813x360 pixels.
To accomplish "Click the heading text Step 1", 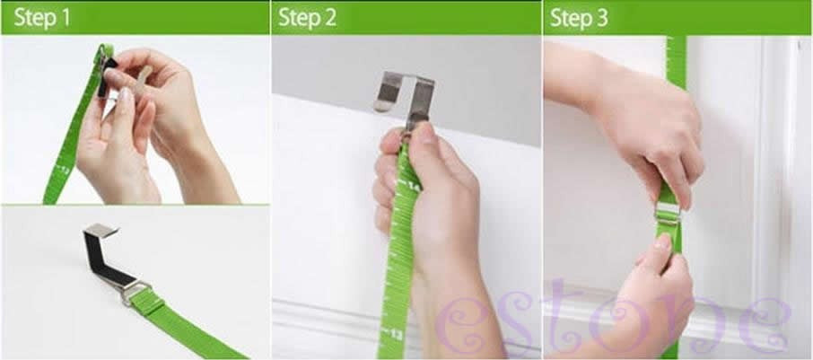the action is coord(42,18).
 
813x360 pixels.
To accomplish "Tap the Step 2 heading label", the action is coord(308,18).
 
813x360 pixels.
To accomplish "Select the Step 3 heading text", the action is coord(579,18).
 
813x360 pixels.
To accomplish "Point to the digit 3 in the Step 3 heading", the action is coord(601,18).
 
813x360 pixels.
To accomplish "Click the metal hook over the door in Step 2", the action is coord(406,96).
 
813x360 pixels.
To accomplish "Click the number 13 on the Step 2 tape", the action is coord(396,335).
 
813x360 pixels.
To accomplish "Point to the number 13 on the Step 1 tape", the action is coord(65,169).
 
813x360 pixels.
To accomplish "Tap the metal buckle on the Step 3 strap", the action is coord(668,212).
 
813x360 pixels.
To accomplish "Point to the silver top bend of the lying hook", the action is coord(101,230).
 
